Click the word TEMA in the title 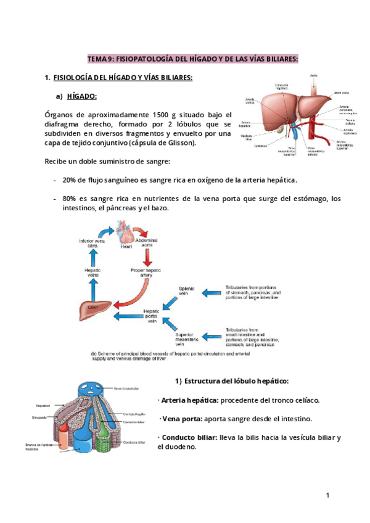pyautogui.click(x=97, y=59)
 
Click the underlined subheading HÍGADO pyautogui.click(x=81, y=97)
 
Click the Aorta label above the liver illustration pyautogui.click(x=314, y=75)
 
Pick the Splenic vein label pyautogui.click(x=186, y=290)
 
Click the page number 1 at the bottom pyautogui.click(x=328, y=495)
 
